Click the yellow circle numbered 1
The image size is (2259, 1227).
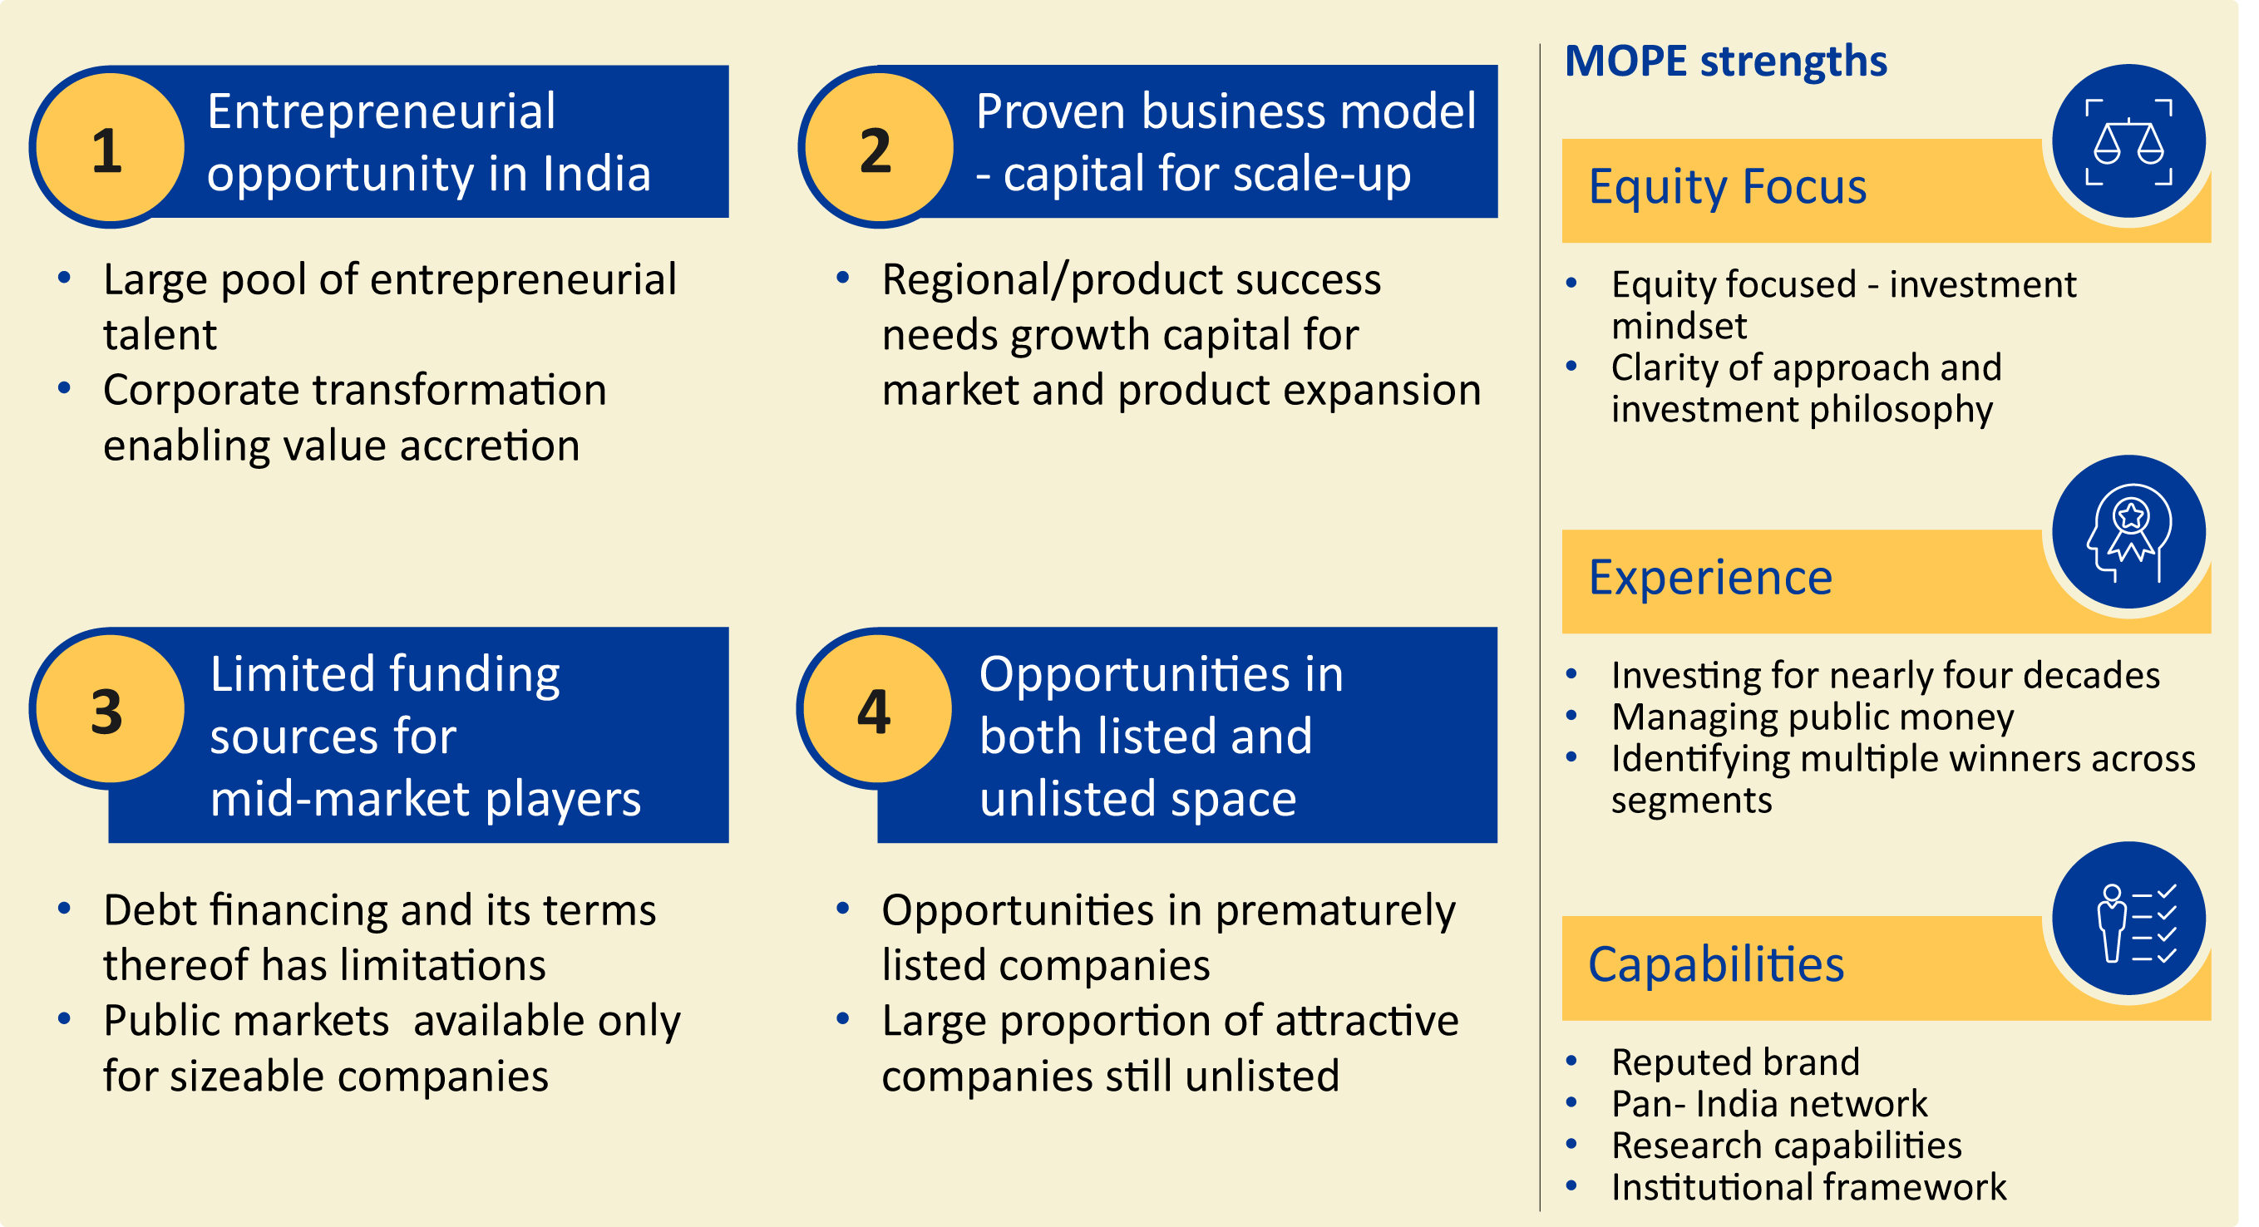110,147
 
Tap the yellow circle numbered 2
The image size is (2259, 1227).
880,147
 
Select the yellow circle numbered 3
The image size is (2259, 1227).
110,708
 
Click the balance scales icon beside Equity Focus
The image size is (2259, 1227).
2130,141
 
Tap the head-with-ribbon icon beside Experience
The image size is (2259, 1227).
2130,532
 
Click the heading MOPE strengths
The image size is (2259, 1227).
1726,62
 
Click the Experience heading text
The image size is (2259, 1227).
1711,578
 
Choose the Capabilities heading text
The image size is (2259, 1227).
1717,966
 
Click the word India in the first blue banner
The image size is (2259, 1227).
597,173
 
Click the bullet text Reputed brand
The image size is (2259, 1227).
1735,1062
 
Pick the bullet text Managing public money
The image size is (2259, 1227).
1813,717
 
